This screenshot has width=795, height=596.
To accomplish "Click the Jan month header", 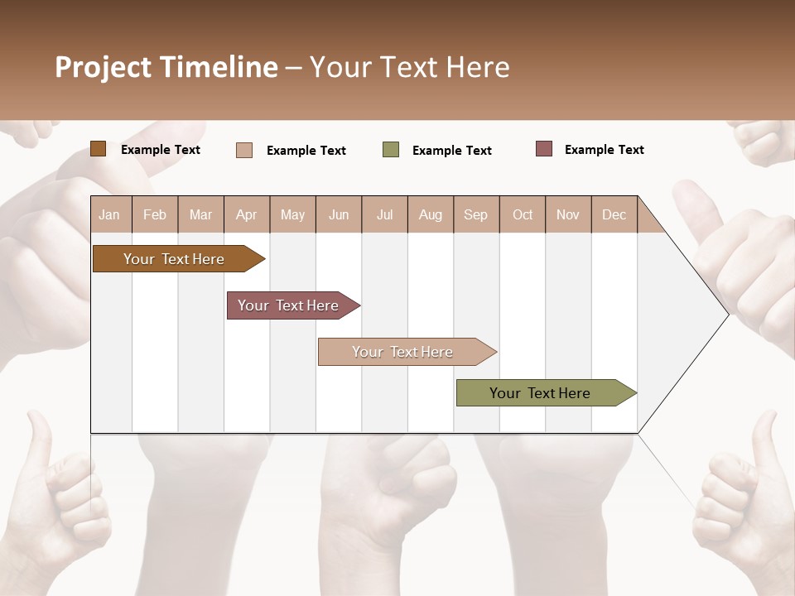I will [109, 214].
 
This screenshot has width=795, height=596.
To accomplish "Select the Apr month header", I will [246, 214].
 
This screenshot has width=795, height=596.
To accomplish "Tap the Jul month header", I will [384, 214].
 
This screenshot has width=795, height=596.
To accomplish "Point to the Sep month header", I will [475, 214].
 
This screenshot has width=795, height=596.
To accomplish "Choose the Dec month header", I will [614, 214].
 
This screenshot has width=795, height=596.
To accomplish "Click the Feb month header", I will [155, 214].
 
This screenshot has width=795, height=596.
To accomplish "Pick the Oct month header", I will [523, 214].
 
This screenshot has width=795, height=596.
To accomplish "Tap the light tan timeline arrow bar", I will [404, 352].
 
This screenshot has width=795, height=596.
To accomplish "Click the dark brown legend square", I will [99, 149].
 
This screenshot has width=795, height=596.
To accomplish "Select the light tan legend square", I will [244, 150].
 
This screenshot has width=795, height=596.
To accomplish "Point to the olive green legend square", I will [391, 150].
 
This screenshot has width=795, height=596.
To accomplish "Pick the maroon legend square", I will [544, 149].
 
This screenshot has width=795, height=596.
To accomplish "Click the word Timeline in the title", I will [218, 67].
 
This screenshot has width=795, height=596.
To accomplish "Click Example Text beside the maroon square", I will [604, 150].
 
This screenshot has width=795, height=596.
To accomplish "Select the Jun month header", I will [339, 214].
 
